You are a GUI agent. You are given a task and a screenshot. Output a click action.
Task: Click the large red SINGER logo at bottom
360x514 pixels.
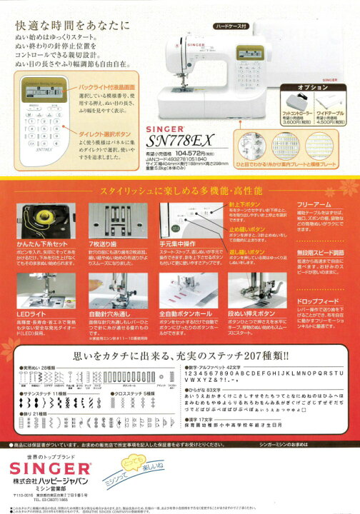[49, 468]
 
